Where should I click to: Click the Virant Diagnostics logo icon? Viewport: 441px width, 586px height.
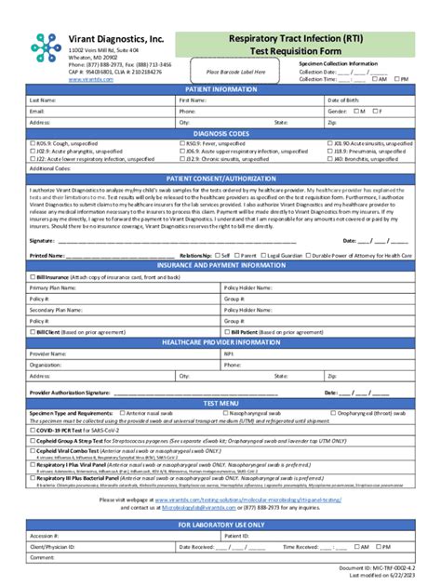tap(44, 45)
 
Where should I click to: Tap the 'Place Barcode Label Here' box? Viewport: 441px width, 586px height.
tap(235, 72)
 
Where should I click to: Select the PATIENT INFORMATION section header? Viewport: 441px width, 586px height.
tap(220, 88)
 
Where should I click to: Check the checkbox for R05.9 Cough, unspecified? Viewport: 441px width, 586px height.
tap(33, 145)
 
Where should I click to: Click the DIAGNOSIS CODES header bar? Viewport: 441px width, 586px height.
tap(220, 133)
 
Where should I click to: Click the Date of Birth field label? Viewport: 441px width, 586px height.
tap(346, 100)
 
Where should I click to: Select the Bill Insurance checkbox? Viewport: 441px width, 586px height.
tap(33, 277)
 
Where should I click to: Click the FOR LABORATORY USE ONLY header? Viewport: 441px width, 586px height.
tap(220, 526)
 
